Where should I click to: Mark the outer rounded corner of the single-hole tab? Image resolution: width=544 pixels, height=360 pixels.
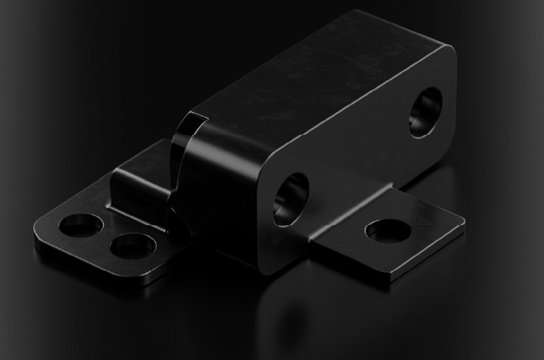[459, 220]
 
